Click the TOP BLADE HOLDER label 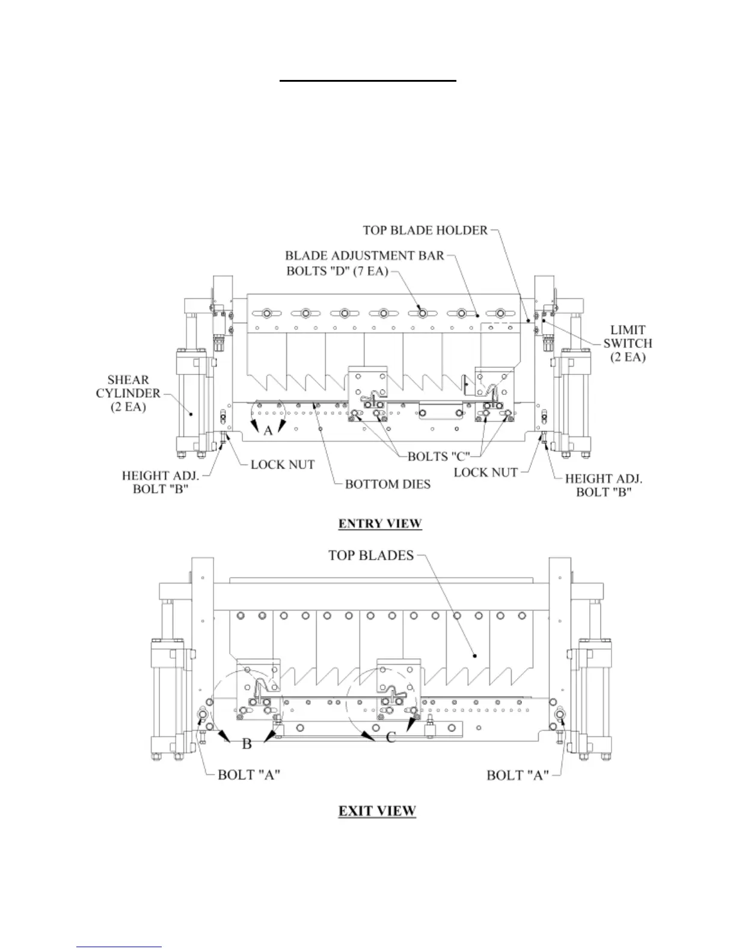coord(425,230)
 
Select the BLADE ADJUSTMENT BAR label coord(364,255)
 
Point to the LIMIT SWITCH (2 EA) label coord(628,343)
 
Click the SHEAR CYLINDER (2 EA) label coord(128,393)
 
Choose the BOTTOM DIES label coord(388,484)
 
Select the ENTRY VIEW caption coord(380,523)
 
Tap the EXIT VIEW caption coord(377,811)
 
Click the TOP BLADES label coord(371,555)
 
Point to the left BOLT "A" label coord(249,775)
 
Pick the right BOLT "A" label coord(518,775)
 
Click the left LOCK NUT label coord(283,465)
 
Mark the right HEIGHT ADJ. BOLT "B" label coord(604,485)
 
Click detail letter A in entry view coord(268,431)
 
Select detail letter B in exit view coord(247,744)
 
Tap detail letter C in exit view coord(391,736)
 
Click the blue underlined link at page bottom coord(119,947)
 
